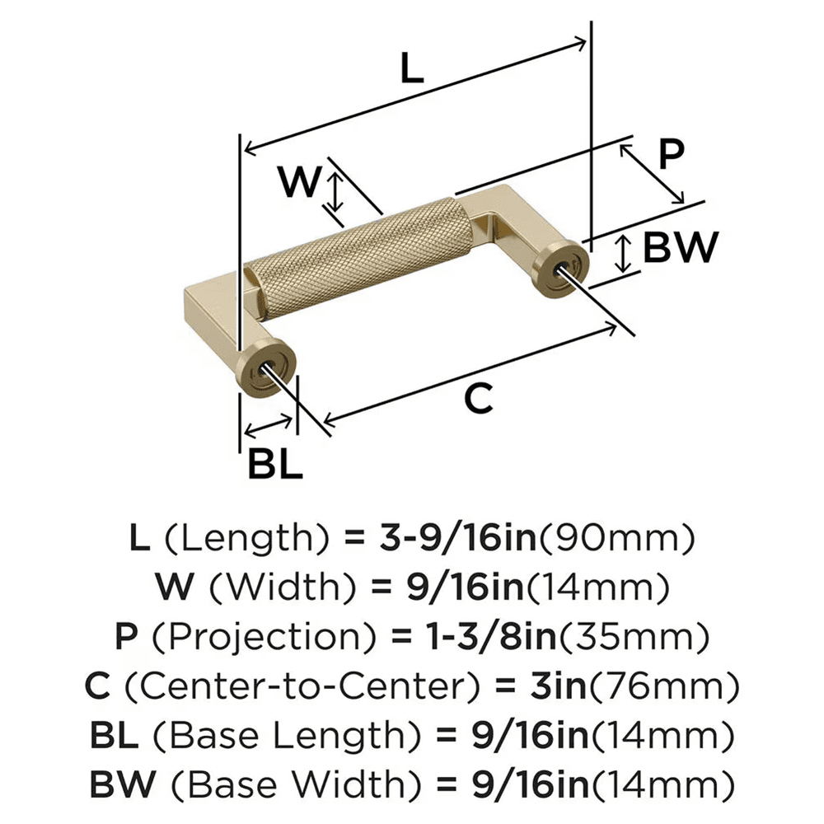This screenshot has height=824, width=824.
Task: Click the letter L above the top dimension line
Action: pyautogui.click(x=411, y=69)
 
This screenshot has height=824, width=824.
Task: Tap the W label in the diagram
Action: pyautogui.click(x=297, y=182)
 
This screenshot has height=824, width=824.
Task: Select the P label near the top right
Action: pyautogui.click(x=671, y=153)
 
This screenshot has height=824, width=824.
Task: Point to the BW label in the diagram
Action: pyautogui.click(x=681, y=247)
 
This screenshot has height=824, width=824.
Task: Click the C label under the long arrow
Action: pyautogui.click(x=478, y=399)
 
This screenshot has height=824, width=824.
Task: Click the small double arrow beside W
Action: pyautogui.click(x=334, y=191)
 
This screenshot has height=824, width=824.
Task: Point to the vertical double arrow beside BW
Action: pyautogui.click(x=625, y=253)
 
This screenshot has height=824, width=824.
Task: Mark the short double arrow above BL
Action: pyautogui.click(x=269, y=426)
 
